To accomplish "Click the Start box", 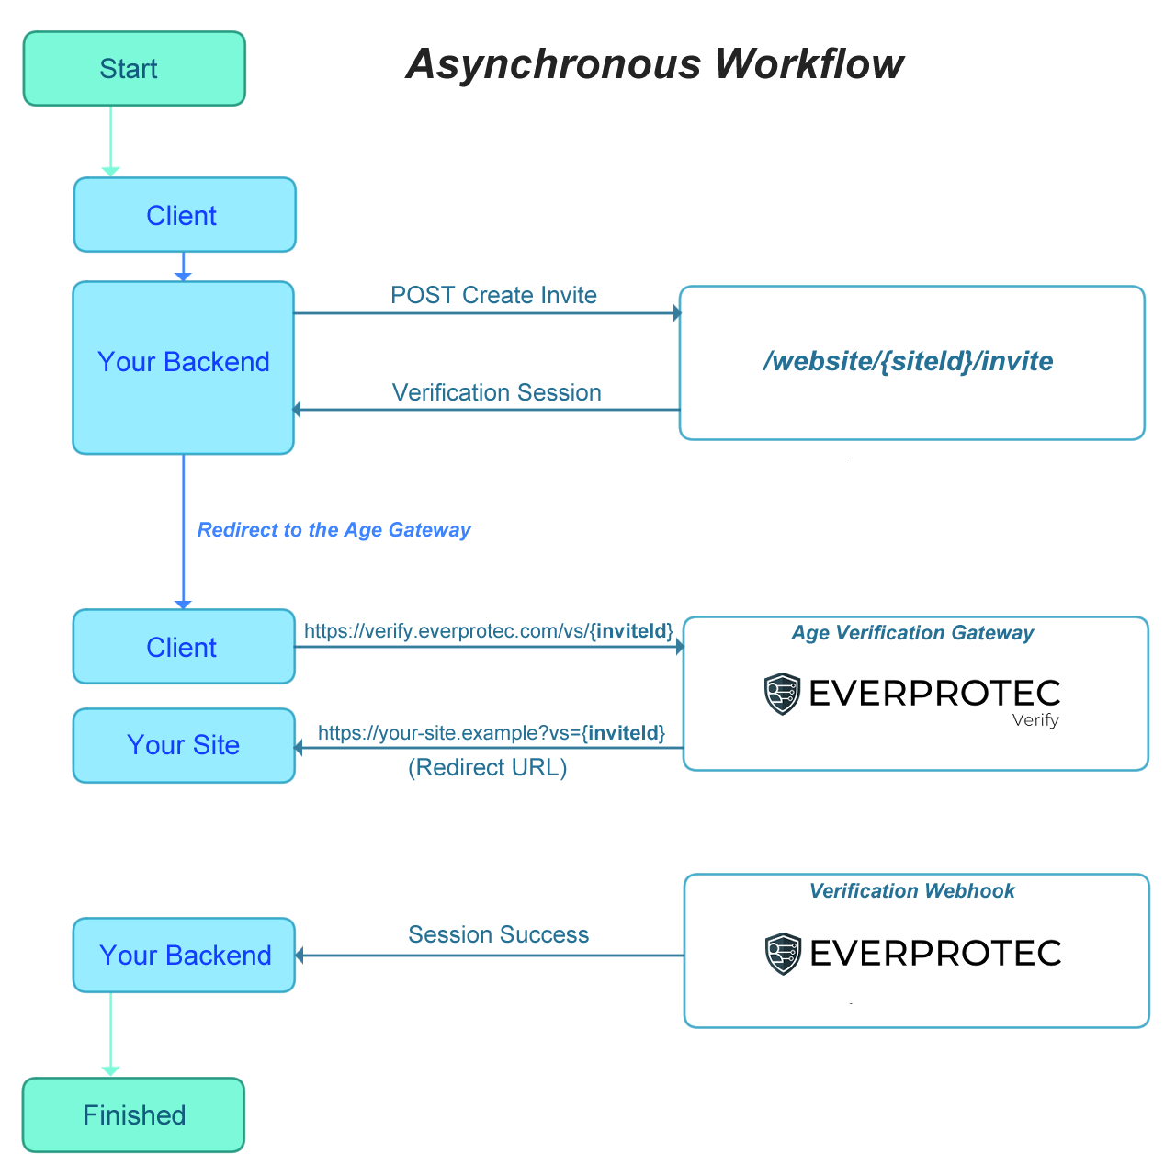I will pos(134,69).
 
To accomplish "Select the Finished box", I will pos(133,1114).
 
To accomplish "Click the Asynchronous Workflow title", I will pos(654,64).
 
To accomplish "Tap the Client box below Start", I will pos(184,215).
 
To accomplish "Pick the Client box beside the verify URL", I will pos(184,647).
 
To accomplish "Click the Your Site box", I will pos(184,745).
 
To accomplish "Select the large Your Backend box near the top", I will pos(184,367).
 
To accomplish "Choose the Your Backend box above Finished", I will pos(184,955).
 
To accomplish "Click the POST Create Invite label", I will pos(493,295).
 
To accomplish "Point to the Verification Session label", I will pos(496,392).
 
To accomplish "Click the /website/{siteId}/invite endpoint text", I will pos(908,361).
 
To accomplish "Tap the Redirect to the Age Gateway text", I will pos(334,530).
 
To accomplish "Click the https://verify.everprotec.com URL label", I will pos(488,631).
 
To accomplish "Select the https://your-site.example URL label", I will pos(491,733).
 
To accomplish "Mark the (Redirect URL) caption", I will pos(487,767).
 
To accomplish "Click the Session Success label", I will pos(498,934).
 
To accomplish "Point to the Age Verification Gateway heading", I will pos(912,633).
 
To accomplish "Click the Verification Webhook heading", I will pos(911,891).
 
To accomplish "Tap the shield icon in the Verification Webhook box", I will pos(783,954).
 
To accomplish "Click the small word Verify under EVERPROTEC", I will pos(1035,720).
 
